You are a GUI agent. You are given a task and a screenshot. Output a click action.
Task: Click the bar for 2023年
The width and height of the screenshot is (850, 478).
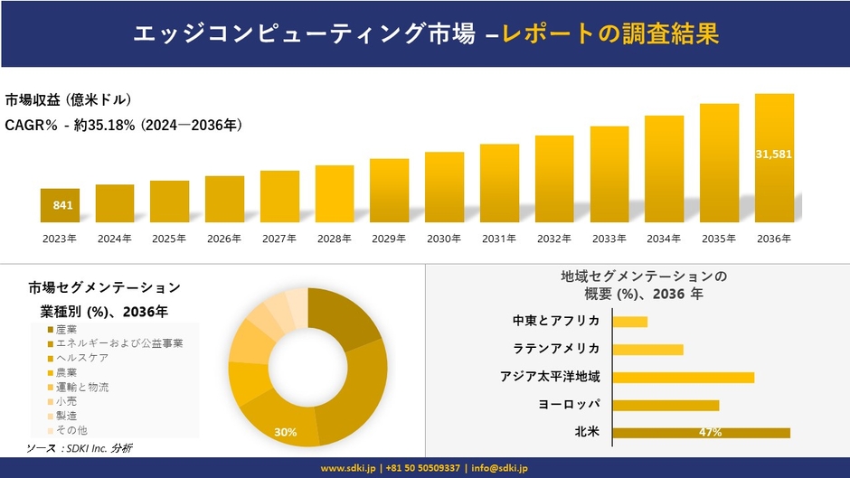(60, 206)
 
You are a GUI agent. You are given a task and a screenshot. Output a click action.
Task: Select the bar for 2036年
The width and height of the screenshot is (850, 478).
(774, 158)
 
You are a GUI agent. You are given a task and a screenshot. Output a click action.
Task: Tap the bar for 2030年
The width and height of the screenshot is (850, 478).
(444, 187)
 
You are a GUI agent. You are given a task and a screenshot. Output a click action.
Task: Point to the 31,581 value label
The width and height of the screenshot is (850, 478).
(774, 155)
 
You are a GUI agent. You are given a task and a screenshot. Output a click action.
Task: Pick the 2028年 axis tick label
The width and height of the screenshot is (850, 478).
(334, 239)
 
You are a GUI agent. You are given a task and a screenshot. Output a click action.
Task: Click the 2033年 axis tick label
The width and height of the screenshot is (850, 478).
(609, 239)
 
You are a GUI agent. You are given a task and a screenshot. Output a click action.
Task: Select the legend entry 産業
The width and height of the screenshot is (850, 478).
(66, 330)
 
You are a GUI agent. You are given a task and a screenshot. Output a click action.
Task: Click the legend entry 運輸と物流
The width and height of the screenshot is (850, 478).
(81, 387)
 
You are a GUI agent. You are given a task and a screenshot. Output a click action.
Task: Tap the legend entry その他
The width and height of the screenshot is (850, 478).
(71, 430)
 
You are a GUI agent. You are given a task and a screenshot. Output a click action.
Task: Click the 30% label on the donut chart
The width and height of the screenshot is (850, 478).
(286, 433)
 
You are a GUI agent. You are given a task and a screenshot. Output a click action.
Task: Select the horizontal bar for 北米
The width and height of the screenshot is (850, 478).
(701, 433)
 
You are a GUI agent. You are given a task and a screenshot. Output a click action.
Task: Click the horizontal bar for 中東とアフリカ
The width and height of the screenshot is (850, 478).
(629, 322)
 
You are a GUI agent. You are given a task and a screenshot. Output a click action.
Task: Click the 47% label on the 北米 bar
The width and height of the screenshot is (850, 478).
(710, 433)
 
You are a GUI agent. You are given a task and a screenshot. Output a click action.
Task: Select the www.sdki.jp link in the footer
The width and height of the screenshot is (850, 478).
(349, 468)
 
